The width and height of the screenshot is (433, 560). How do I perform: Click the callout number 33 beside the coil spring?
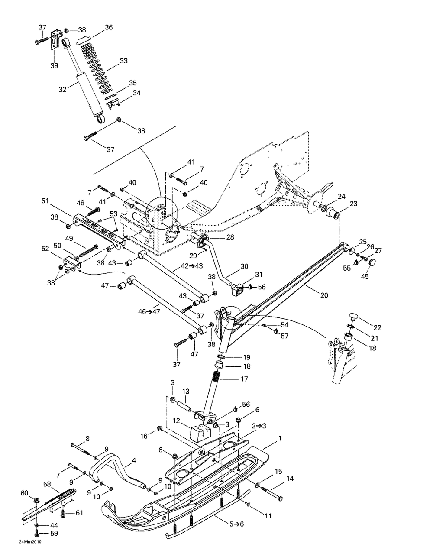click(x=124, y=61)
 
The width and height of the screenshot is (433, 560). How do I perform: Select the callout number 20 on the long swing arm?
click(x=324, y=295)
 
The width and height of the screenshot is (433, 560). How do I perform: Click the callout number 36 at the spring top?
click(x=109, y=27)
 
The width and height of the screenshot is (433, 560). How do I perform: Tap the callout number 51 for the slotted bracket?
click(x=45, y=201)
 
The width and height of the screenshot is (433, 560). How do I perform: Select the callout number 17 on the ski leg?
click(x=244, y=379)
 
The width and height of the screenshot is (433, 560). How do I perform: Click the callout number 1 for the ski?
click(x=280, y=438)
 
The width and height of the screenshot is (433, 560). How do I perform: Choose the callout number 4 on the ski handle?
click(x=134, y=460)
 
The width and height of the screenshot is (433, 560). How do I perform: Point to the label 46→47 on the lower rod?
click(x=149, y=311)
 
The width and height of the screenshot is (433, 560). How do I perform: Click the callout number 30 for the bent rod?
click(x=244, y=266)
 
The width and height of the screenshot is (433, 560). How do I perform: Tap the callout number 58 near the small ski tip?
click(x=47, y=484)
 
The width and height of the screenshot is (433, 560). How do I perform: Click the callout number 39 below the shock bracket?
click(x=54, y=65)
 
